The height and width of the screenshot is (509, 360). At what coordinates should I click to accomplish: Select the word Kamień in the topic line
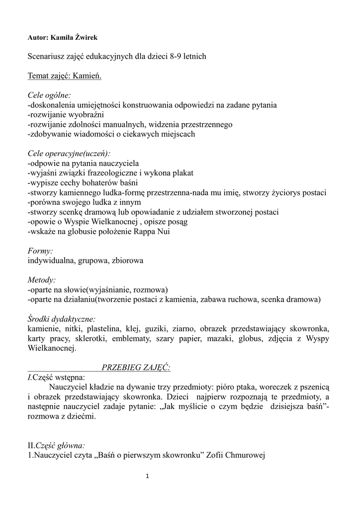(x=88, y=76)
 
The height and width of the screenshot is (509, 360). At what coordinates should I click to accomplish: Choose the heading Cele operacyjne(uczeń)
(x=69, y=154)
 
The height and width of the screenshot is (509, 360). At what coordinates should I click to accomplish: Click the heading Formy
(x=40, y=251)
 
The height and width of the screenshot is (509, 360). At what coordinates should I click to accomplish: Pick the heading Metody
(x=42, y=280)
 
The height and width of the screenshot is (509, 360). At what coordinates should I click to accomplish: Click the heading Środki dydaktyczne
(x=62, y=319)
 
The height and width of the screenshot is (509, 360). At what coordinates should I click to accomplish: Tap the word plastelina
(x=102, y=329)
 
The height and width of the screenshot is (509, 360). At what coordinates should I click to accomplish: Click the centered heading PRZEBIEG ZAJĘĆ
(x=136, y=367)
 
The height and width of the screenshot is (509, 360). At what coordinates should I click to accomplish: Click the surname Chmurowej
(x=246, y=455)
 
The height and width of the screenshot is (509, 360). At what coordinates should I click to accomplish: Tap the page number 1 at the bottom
(x=147, y=476)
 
